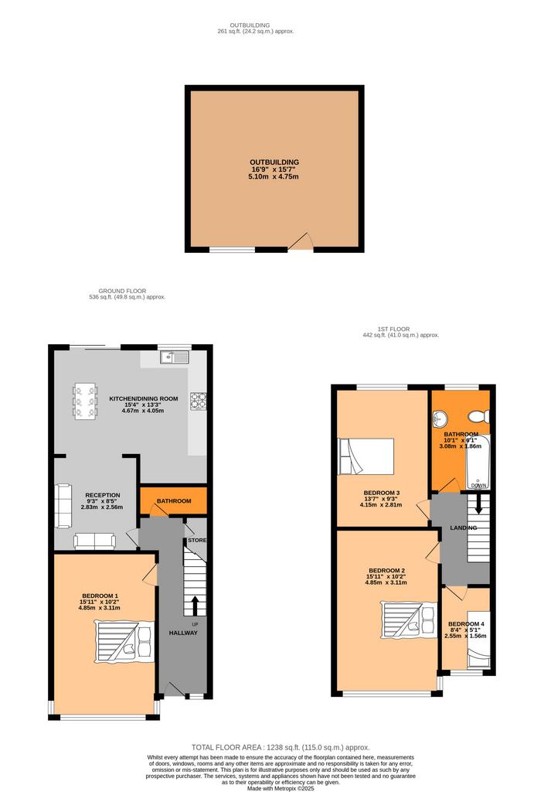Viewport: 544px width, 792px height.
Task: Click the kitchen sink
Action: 175,357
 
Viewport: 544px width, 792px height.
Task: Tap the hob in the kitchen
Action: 199,401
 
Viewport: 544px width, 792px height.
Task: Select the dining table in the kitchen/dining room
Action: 85,401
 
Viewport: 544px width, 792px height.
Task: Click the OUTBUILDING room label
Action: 274,162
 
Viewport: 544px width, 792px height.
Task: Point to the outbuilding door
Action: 301,241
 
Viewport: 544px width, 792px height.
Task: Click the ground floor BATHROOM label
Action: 174,501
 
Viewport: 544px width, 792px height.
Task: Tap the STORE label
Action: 197,540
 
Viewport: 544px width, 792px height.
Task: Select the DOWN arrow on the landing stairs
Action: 478,504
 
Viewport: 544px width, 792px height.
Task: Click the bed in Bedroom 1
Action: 124,642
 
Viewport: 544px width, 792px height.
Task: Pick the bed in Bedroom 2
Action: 409,620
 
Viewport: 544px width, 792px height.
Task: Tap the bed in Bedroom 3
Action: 365,456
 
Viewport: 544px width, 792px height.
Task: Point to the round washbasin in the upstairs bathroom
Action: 440,417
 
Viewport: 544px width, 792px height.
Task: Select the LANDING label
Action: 464,527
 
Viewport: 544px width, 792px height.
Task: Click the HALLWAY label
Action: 183,633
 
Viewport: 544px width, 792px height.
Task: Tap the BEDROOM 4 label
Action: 466,624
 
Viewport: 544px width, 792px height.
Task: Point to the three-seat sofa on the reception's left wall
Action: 63,506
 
